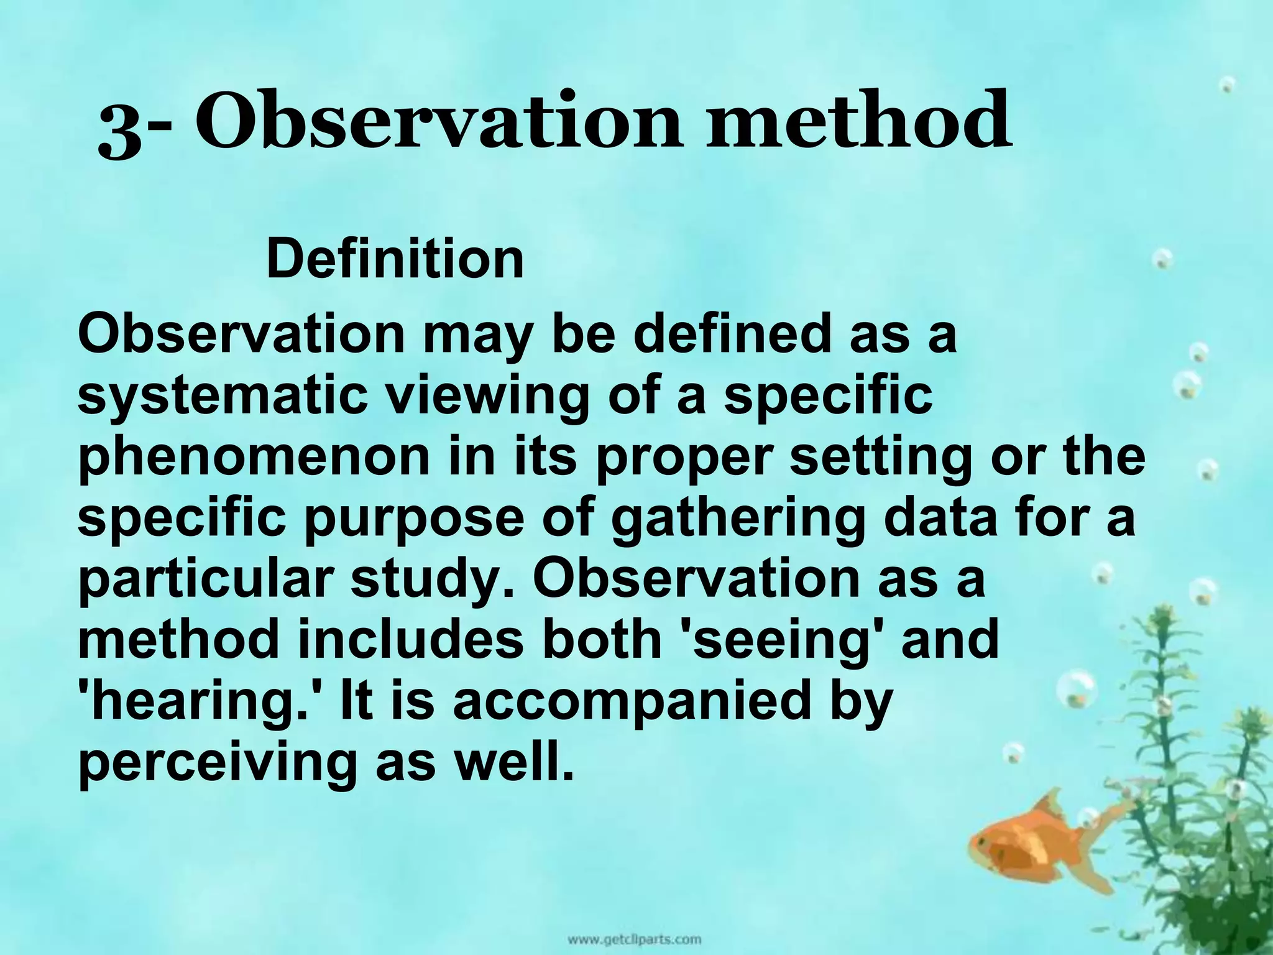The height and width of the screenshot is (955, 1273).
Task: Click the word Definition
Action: click(395, 259)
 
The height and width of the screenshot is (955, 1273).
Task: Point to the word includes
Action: click(410, 640)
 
